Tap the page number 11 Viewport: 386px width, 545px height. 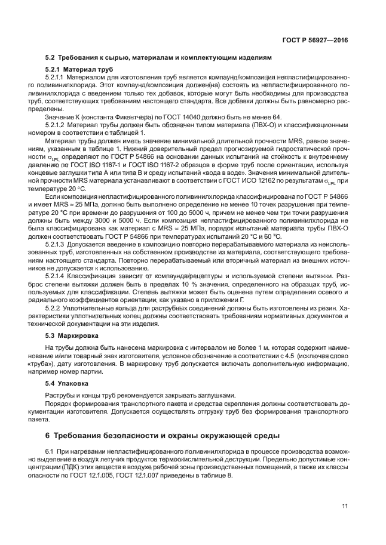tap(345, 506)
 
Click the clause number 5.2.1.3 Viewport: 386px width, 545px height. tap(58, 245)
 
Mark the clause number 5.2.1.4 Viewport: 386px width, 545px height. tap(58, 275)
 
